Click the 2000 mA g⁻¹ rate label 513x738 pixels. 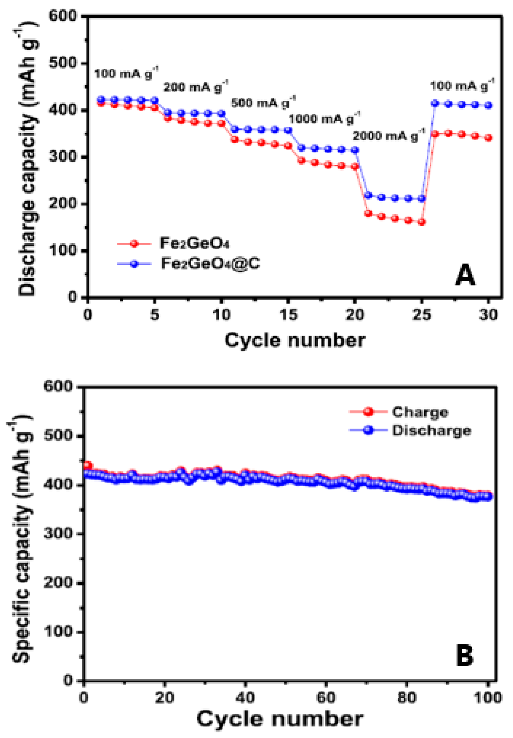pyautogui.click(x=389, y=136)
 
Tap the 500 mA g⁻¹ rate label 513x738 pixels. pyautogui.click(x=263, y=102)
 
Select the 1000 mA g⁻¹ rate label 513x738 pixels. pyautogui.click(x=324, y=119)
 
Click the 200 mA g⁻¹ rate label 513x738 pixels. pyautogui.click(x=196, y=87)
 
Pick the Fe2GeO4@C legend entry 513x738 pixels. pyautogui.click(x=210, y=263)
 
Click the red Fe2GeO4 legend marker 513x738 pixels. pyautogui.click(x=134, y=243)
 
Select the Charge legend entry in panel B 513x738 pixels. pyautogui.click(x=420, y=412)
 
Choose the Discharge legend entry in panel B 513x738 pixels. pyautogui.click(x=431, y=430)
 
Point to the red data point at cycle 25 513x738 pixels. pyautogui.click(x=422, y=222)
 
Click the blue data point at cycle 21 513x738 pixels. pyautogui.click(x=368, y=195)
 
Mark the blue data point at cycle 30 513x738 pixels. pyautogui.click(x=488, y=105)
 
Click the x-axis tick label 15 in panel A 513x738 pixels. pyautogui.click(x=288, y=315)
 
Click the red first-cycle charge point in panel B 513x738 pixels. pyautogui.click(x=87, y=465)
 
